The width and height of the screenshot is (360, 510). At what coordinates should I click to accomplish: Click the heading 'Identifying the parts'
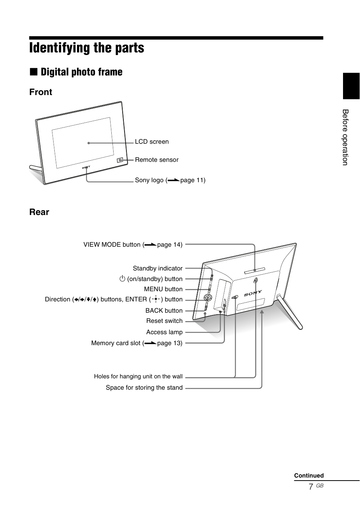(x=86, y=48)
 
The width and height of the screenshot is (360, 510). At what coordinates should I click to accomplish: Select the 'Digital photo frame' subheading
(x=81, y=72)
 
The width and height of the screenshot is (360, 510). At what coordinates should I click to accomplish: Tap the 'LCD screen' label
(x=152, y=142)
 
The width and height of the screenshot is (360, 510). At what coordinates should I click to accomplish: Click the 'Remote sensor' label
(x=157, y=160)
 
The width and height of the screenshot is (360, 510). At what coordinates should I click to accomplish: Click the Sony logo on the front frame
(x=86, y=167)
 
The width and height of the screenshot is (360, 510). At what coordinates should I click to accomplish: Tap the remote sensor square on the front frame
(x=120, y=160)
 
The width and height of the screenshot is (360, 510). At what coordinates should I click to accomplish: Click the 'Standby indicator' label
(x=157, y=269)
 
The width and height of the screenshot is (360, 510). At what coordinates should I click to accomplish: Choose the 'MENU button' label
(x=163, y=289)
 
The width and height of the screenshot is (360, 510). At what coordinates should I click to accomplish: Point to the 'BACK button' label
(x=164, y=311)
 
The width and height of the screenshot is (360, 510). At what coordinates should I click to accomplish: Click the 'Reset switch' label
(x=164, y=321)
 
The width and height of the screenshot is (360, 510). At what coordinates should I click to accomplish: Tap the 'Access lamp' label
(x=164, y=332)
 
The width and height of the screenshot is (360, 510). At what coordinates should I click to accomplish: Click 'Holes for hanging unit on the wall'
(x=138, y=376)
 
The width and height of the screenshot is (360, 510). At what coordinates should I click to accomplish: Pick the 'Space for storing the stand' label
(x=144, y=388)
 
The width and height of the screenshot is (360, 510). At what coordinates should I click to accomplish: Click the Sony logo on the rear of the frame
(x=253, y=293)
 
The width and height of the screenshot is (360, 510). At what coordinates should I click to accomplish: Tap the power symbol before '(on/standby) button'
(x=122, y=279)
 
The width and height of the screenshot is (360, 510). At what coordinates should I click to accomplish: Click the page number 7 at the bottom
(x=311, y=487)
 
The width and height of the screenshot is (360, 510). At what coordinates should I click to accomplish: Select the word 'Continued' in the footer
(x=309, y=476)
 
